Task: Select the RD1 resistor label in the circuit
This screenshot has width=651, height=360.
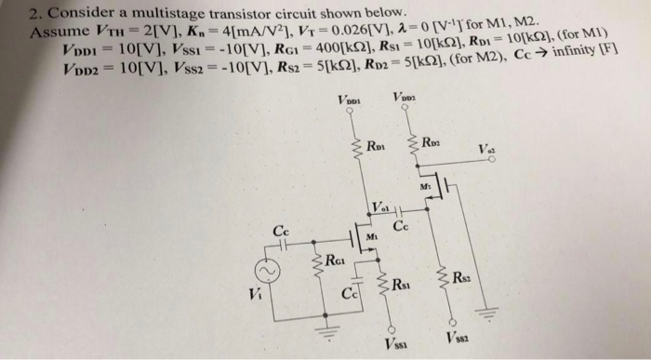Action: pos(376,146)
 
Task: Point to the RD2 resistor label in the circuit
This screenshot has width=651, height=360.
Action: pos(431,142)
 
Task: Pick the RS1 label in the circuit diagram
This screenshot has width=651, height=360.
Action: pos(401,286)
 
